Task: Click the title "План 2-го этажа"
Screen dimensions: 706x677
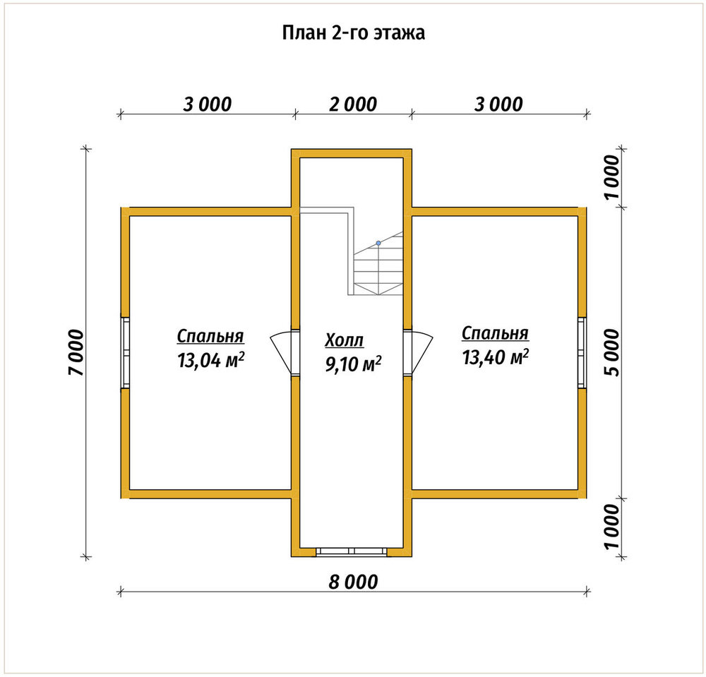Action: pyautogui.click(x=354, y=33)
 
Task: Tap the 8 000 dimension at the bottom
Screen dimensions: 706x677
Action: pyautogui.click(x=353, y=582)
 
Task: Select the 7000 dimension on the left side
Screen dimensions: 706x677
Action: pyautogui.click(x=76, y=352)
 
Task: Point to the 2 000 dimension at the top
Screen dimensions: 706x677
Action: pyautogui.click(x=353, y=104)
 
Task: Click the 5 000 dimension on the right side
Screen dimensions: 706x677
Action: pyautogui.click(x=612, y=352)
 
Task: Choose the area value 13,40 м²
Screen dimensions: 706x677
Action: pyautogui.click(x=496, y=357)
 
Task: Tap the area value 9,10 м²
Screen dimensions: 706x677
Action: pyautogui.click(x=354, y=364)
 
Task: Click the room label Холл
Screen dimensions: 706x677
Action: pyautogui.click(x=344, y=340)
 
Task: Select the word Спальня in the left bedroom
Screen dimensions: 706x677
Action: pyautogui.click(x=210, y=336)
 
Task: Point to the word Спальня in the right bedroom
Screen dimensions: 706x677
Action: pyautogui.click(x=495, y=333)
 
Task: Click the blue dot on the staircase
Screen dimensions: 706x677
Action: pyautogui.click(x=378, y=243)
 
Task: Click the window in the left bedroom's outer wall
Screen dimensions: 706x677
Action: pyautogui.click(x=125, y=352)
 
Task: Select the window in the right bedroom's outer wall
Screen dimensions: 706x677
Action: pyautogui.click(x=582, y=352)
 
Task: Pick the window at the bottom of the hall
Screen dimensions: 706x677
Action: pyautogui.click(x=352, y=552)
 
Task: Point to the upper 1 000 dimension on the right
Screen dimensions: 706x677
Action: pyautogui.click(x=612, y=177)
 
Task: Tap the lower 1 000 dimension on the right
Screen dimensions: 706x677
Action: pyautogui.click(x=612, y=527)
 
